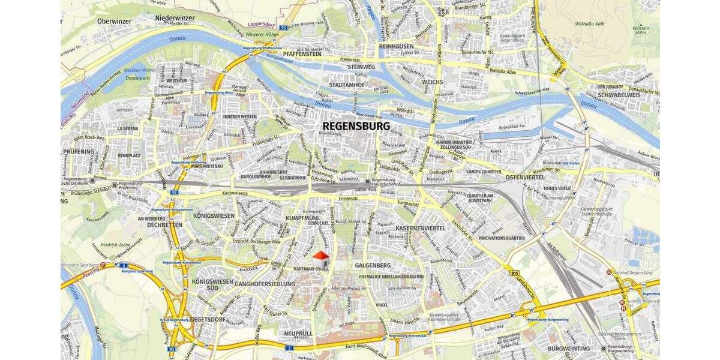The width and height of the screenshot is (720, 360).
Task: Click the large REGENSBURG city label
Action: coord(356,127)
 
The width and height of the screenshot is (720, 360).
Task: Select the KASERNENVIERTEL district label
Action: coord(421,229)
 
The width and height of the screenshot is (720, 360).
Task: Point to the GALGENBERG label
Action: coord(373,265)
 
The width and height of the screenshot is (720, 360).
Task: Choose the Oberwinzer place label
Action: coord(114,21)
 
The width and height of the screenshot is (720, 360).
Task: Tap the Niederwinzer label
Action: coord(175,19)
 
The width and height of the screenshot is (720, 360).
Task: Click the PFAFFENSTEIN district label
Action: coord(303,53)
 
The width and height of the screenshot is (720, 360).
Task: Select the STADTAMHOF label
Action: coord(347,85)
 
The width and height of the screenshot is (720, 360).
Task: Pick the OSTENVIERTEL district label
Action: coord(524,178)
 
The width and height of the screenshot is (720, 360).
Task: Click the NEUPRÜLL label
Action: coord(298,333)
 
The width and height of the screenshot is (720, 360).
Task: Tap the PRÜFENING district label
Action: coord(79,152)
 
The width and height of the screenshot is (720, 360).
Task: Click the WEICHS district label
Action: coord(432,82)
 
